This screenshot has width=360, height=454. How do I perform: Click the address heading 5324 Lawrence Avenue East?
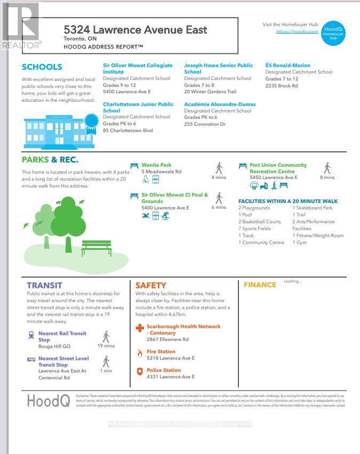[x=135, y=29]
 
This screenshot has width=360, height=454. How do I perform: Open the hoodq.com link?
[x=297, y=32]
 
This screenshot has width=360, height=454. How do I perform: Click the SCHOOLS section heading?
[x=42, y=67]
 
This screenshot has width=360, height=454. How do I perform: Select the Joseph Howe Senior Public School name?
[x=219, y=68]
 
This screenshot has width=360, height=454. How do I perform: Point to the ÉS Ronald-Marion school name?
[x=289, y=65]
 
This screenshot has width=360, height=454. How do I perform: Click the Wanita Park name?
[x=156, y=165]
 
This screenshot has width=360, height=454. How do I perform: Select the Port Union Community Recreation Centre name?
[x=278, y=168]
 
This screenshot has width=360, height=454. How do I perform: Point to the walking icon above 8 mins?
[x=327, y=168]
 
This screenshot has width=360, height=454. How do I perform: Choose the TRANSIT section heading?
[x=44, y=286]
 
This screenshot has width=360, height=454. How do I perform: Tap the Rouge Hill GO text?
[x=54, y=346]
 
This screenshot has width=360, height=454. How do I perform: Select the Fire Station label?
[x=161, y=352]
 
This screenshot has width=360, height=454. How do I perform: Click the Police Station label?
[x=164, y=370]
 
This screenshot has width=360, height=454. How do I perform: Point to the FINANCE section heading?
[x=260, y=285]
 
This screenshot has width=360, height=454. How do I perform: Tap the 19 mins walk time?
[x=106, y=346]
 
